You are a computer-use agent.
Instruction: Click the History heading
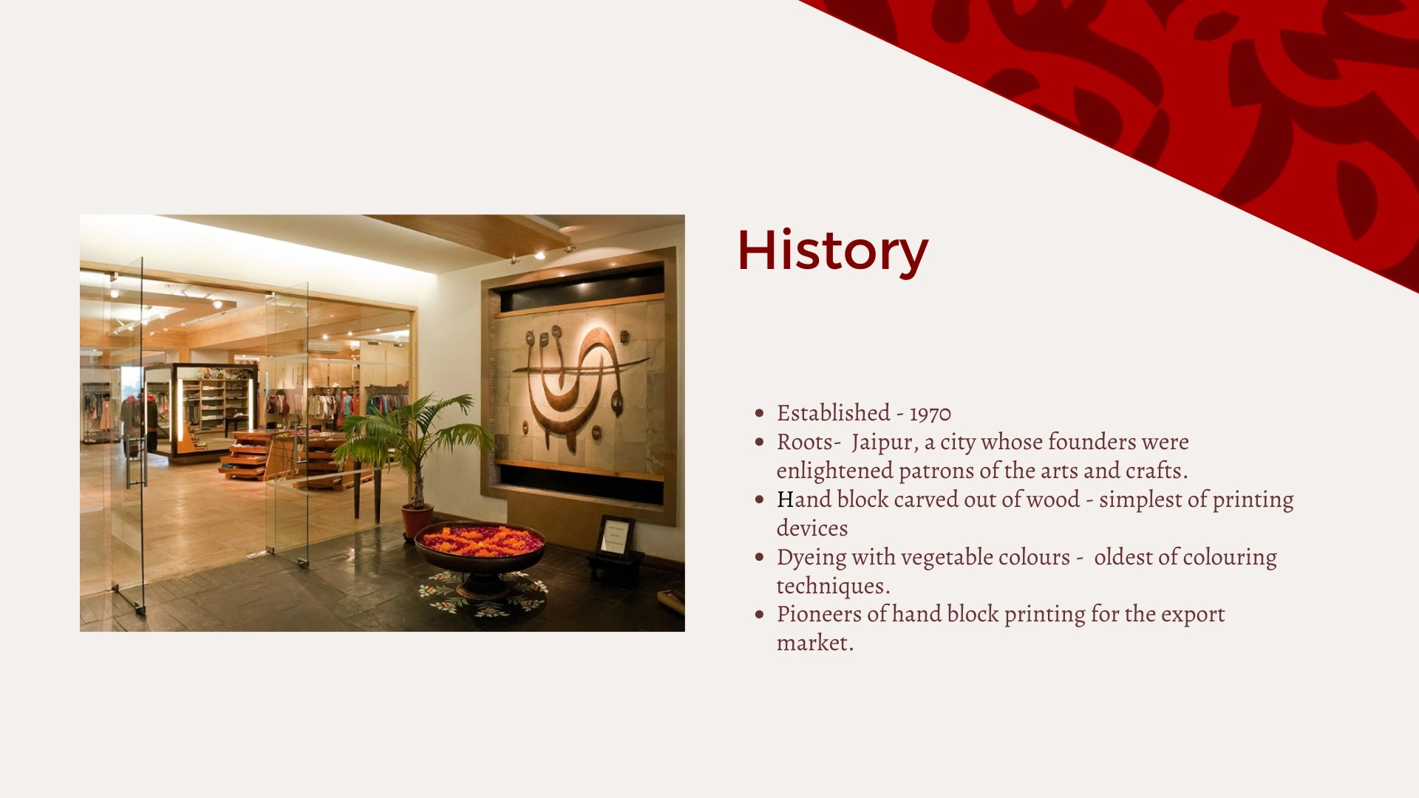(832, 251)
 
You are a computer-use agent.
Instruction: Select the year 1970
(930, 414)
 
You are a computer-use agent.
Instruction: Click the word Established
(834, 412)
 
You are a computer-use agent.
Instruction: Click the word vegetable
(948, 558)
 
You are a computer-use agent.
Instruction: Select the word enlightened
(834, 471)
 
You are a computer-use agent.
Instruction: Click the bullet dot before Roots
(759, 443)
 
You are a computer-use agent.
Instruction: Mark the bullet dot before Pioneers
(759, 615)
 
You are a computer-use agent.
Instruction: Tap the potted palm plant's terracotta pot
(418, 522)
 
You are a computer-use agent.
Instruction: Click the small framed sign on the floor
(615, 536)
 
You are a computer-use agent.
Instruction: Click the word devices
(812, 528)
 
